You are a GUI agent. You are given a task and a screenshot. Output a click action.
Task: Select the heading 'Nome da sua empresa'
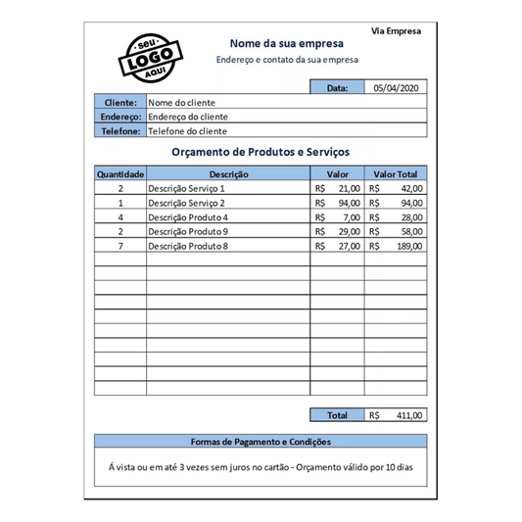286,43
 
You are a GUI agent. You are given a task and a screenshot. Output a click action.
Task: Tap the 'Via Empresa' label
396,30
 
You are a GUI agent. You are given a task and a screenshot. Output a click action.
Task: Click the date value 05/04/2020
396,87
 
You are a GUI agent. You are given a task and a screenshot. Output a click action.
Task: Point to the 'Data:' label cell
337,87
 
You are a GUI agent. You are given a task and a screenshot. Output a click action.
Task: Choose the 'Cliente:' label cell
119,102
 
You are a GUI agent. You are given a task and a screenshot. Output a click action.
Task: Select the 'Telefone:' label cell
119,130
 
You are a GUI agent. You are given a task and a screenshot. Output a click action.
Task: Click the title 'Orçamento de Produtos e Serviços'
261,153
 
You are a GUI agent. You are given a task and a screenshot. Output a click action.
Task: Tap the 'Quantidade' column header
120,173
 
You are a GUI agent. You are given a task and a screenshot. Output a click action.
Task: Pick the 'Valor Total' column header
396,173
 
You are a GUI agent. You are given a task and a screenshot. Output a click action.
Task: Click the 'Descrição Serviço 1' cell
186,188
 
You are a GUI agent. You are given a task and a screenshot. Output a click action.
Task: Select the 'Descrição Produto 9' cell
188,231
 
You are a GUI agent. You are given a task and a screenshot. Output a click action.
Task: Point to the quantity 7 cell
120,246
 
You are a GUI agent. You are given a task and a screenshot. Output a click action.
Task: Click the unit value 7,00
350,217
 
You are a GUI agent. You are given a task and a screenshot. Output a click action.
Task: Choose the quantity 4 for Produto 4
120,217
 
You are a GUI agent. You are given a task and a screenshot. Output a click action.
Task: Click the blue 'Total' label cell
337,415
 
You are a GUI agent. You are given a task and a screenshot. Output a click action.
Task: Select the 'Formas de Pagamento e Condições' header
261,442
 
